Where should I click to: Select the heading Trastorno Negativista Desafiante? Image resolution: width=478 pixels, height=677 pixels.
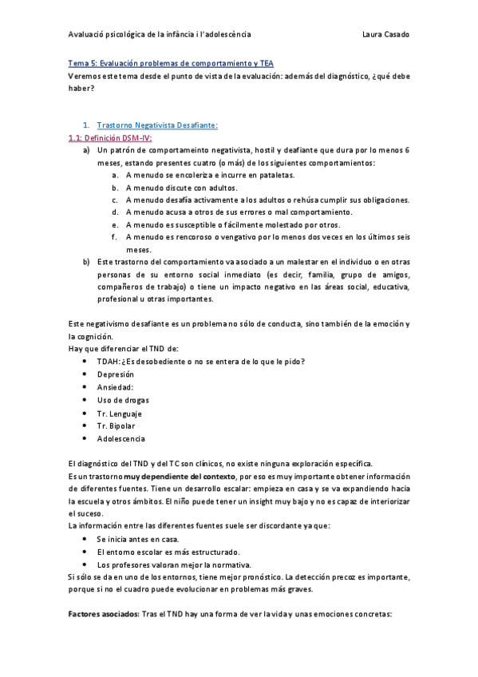157,125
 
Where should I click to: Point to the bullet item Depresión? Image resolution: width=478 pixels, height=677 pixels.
116,374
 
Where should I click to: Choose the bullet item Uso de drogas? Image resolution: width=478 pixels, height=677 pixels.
123,400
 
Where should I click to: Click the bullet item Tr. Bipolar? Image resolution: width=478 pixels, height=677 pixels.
117,426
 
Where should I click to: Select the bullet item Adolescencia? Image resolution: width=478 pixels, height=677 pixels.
121,438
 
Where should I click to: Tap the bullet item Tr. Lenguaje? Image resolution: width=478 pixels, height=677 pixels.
120,413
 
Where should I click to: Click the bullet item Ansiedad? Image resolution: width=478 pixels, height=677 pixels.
116,387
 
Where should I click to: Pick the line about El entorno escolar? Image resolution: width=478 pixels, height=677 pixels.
168,552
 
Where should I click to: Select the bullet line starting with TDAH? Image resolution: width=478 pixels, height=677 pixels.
200,362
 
